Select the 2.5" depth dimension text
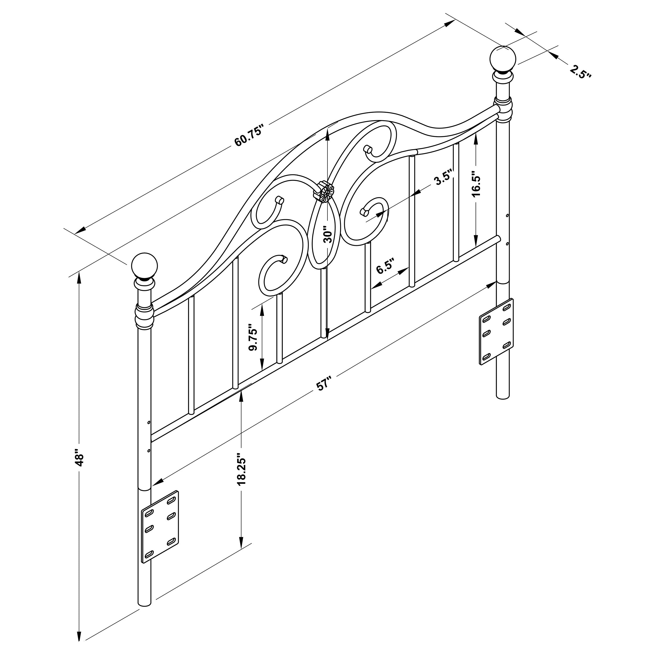tap(580, 72)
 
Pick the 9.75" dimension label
tap(254, 339)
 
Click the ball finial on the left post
tap(145, 265)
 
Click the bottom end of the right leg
tap(503, 397)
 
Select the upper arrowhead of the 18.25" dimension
tap(241, 396)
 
